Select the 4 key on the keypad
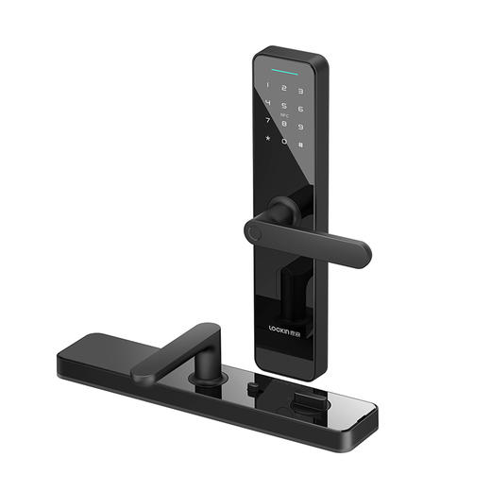tap(269, 105)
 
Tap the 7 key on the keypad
tap(269, 123)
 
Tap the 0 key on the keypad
tap(284, 144)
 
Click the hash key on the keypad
tap(301, 145)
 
